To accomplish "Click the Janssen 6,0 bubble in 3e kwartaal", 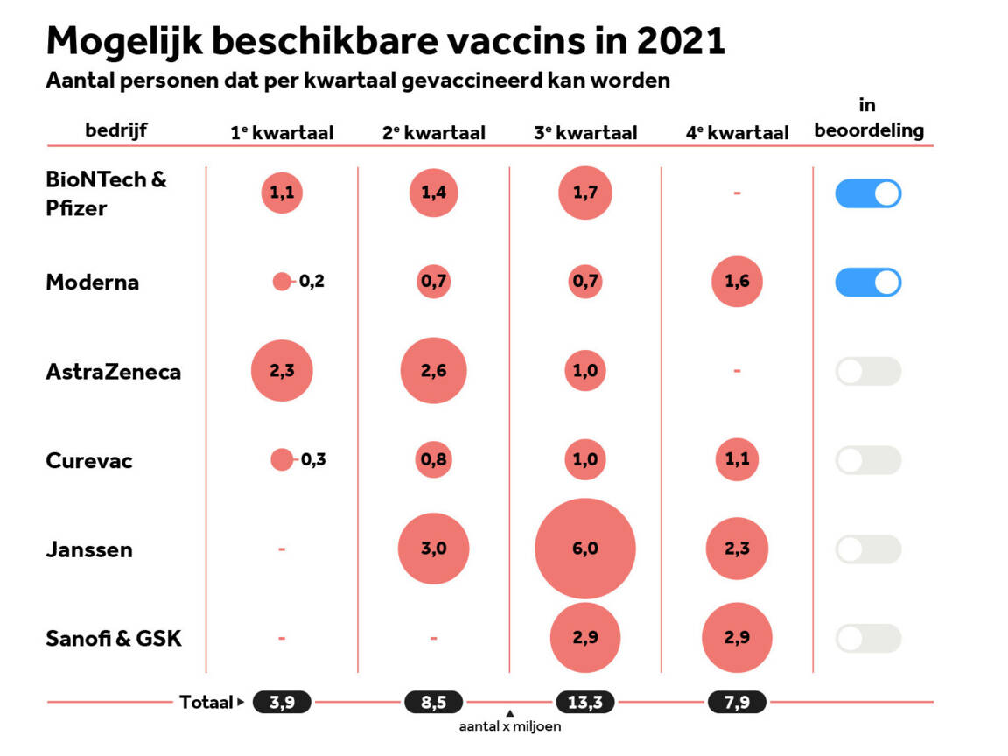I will (x=585, y=549).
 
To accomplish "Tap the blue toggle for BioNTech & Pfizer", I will (x=868, y=193).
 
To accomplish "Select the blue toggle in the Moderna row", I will (x=868, y=282).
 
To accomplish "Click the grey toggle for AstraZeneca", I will (x=868, y=371).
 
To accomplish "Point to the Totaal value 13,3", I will (x=585, y=702).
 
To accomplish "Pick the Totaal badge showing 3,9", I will (x=282, y=702).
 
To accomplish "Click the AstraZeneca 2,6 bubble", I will (x=433, y=371).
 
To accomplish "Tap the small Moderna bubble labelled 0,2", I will (x=282, y=282).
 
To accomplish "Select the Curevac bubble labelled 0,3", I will (x=282, y=459).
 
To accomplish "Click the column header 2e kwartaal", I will (x=433, y=133).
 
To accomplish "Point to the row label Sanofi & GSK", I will (x=114, y=638).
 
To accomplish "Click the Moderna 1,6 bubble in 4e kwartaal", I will (x=737, y=282).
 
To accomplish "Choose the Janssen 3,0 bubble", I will (x=433, y=549).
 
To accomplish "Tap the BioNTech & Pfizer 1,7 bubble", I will (x=585, y=193).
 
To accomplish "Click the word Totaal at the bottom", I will (x=206, y=702).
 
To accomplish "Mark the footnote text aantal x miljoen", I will (x=510, y=726).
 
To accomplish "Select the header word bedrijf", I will (x=115, y=130).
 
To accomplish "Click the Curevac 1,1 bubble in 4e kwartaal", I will (x=737, y=459).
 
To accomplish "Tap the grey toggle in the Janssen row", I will (x=868, y=549).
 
